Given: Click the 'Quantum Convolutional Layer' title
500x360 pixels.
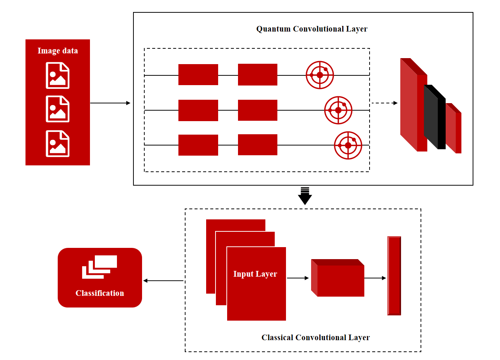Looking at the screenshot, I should point(311,29).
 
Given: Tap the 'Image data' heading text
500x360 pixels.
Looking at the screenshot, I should point(58,51).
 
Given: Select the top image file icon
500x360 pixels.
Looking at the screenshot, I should point(58,75).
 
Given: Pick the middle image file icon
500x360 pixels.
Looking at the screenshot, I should point(58,109).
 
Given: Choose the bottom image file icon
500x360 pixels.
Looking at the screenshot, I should point(58,144).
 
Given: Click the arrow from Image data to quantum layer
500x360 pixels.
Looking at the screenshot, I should point(110,103).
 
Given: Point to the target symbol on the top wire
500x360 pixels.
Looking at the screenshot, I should point(320,75).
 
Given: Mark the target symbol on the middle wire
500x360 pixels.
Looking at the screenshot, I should point(338,110).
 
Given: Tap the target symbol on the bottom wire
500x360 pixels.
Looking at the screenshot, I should point(348,145).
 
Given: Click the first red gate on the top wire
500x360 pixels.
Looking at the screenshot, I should point(198,75).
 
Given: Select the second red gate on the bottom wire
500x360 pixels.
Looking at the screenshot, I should point(257,145).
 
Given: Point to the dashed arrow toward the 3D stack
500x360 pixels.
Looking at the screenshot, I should point(384,103).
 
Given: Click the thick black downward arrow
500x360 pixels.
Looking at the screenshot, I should point(305,196).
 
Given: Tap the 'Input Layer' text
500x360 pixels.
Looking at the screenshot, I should point(255,274).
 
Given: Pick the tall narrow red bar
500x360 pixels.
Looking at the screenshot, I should point(394,276).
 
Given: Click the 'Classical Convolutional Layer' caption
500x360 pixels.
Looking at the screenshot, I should point(316,337).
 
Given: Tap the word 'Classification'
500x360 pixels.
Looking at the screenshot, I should point(100,293).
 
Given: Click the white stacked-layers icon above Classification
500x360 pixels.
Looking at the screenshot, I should point(99,267).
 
